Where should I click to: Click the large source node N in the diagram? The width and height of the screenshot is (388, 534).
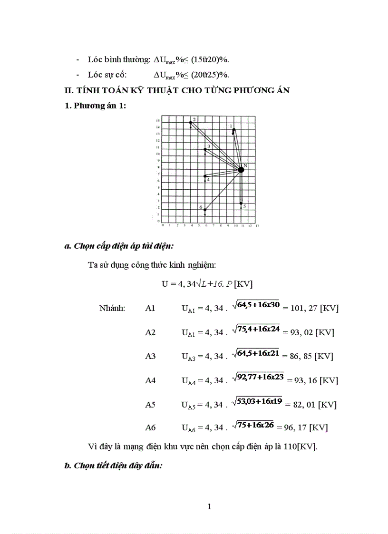241,170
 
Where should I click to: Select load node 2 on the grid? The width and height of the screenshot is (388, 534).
191,122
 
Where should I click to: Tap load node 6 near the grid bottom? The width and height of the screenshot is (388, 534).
205,210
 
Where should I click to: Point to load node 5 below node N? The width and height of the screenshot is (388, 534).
241,204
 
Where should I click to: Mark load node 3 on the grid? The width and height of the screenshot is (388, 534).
205,149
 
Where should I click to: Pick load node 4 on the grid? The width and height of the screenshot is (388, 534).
205,176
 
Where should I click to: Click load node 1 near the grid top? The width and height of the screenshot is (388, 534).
233,129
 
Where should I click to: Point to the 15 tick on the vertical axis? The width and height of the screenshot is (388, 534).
157,121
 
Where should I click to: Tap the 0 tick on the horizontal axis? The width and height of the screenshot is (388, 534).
163,225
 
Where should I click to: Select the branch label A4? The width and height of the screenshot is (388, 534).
150,380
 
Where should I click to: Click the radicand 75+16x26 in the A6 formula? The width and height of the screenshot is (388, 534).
255,425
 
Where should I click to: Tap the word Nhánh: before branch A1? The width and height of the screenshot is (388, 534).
112,308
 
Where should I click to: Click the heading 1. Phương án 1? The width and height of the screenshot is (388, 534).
96,106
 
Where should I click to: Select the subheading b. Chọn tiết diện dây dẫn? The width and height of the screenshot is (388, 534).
114,466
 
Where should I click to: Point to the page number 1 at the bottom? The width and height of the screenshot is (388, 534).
210,506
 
